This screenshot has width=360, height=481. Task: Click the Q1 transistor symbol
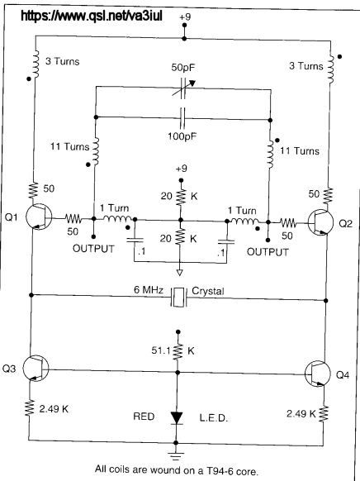pos(39,217)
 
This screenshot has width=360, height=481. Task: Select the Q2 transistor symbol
pos(320,223)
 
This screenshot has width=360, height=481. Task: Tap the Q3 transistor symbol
pos(36,368)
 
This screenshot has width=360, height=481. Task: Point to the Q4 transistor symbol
pos(318,374)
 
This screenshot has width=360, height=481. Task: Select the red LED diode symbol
pos(177,418)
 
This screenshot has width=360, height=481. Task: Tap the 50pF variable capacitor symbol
pos(183,88)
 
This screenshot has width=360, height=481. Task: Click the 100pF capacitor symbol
pos(183,118)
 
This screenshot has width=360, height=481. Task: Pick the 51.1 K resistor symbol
pos(178,351)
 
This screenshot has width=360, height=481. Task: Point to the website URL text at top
pos(92,16)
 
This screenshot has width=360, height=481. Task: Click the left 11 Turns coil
pos(96,151)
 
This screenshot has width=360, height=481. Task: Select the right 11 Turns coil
pos(270,155)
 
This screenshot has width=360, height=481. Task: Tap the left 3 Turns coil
pos(36,64)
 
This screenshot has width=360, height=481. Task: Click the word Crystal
pos(208,291)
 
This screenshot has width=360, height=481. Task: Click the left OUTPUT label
pos(93,249)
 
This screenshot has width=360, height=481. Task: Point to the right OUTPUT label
pos(268,252)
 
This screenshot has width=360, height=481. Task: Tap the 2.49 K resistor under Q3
pos(30,408)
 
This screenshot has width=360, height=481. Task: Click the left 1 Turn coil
pos(117,219)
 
